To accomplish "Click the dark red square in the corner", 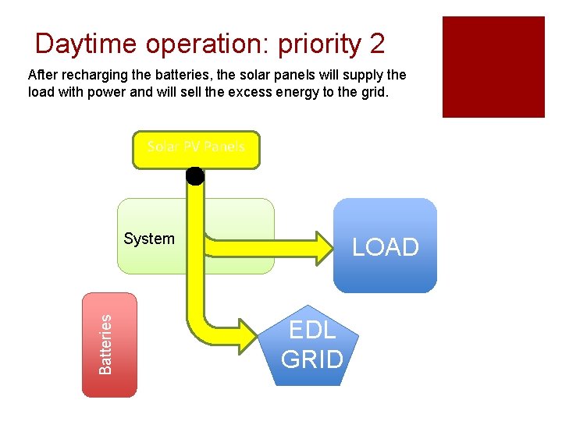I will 493,67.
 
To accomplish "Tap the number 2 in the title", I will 378,44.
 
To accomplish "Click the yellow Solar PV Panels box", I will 196,150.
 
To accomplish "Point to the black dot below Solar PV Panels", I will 194,176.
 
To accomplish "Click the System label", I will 149,239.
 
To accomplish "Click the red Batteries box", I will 110,345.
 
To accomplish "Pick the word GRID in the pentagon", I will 312,359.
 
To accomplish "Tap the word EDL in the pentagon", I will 312,331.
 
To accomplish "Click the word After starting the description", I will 43,76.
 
